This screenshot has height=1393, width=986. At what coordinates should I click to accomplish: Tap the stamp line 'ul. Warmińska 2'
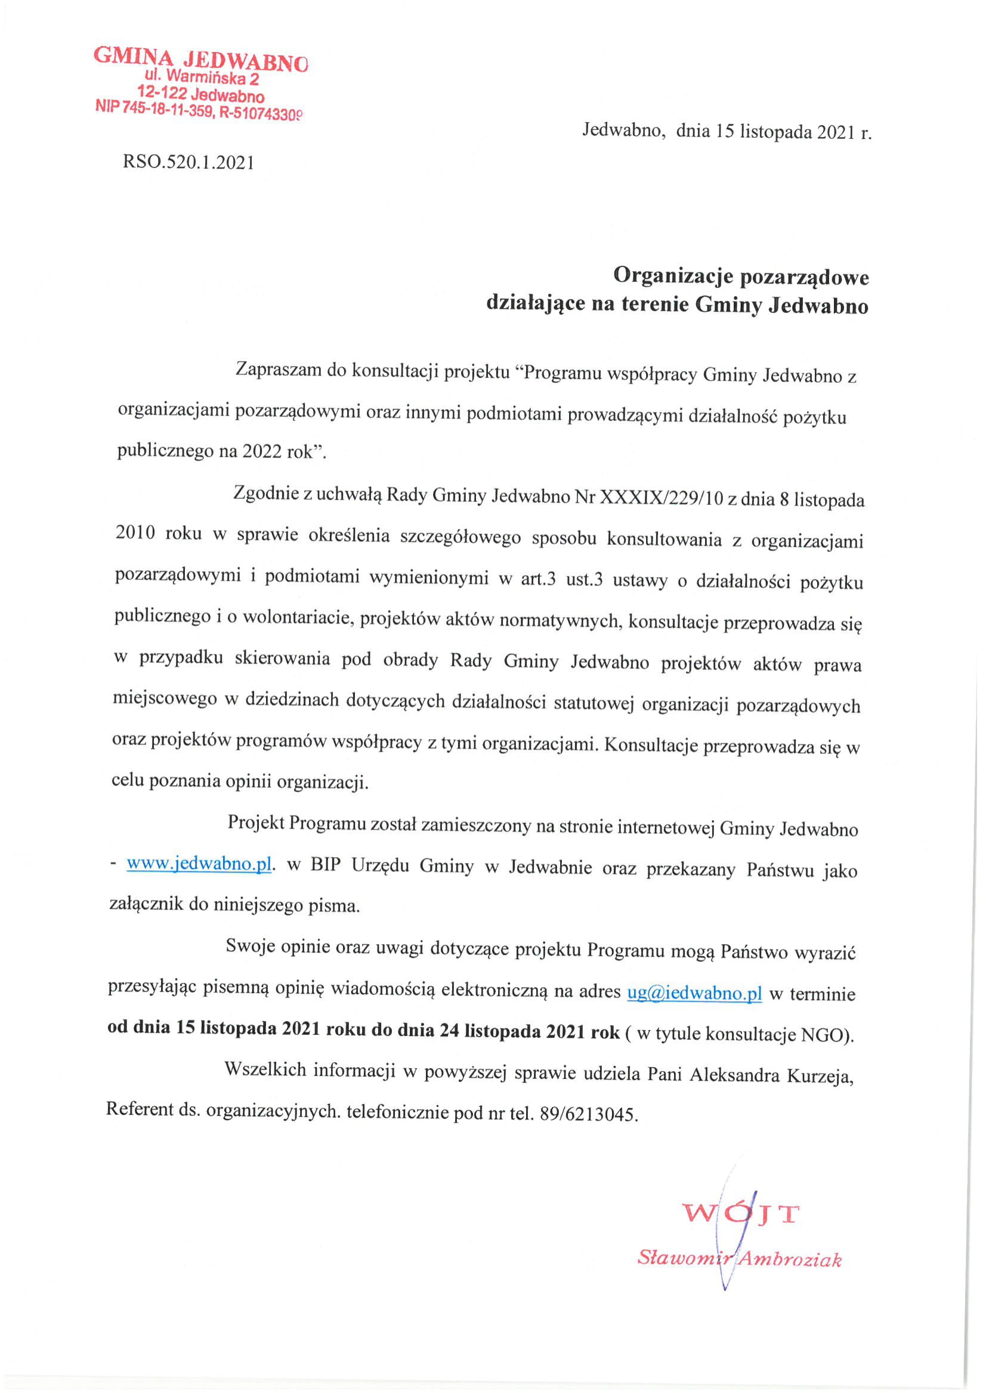point(202,77)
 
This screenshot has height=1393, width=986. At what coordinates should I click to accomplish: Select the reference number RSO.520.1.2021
point(188,162)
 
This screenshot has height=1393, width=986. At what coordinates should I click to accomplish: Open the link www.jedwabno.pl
point(199,864)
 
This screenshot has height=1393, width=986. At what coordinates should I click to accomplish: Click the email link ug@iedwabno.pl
point(694,993)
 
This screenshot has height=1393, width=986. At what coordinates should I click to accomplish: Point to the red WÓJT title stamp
point(741,1214)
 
